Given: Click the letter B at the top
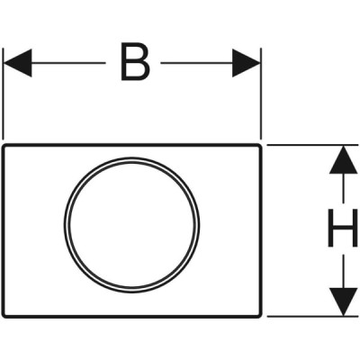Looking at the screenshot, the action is [x=135, y=62].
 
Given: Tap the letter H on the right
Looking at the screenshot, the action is [x=343, y=228].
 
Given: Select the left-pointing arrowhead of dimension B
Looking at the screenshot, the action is [x=17, y=63].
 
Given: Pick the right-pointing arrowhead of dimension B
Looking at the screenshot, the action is [x=246, y=63].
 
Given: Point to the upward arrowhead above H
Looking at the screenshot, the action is [x=343, y=160].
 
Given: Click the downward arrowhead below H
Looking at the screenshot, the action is [x=343, y=301].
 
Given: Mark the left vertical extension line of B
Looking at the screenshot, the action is [x=3, y=94].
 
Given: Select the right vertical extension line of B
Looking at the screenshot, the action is [x=261, y=94].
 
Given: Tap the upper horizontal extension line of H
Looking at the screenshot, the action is [x=312, y=145].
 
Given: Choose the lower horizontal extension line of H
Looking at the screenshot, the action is [x=312, y=316].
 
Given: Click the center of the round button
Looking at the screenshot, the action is [x=131, y=225].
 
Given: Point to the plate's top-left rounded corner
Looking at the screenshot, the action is [x=4, y=147].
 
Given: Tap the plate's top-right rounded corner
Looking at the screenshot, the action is [x=259, y=147].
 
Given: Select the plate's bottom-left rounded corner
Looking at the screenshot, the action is [x=4, y=315].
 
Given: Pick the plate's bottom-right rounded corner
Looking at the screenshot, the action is [x=259, y=315].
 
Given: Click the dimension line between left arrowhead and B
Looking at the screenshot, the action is [x=68, y=63].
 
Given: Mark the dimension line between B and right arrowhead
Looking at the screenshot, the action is [x=197, y=63].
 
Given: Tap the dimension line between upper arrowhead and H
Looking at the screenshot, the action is [x=343, y=188].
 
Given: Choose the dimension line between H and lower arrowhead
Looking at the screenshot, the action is [x=343, y=272].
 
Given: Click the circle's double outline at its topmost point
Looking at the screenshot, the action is [x=131, y=160].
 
